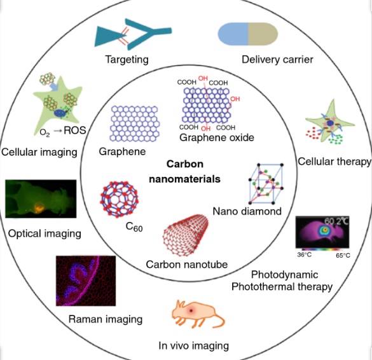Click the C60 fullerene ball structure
[x=120, y=199]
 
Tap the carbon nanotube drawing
[x=186, y=235]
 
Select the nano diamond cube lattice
[x=266, y=183]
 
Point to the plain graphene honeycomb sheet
[x=135, y=123]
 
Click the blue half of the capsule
[x=233, y=34]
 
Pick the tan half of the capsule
[x=263, y=34]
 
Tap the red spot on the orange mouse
[x=191, y=310]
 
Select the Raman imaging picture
[x=86, y=280]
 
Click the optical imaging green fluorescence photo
[x=41, y=199]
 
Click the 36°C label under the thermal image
[x=305, y=255]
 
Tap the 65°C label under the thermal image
[x=343, y=256]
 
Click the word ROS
[x=75, y=130]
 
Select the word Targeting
[x=127, y=59]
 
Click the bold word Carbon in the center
[x=185, y=164]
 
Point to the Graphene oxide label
[x=217, y=137]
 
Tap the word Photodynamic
[x=284, y=275]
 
